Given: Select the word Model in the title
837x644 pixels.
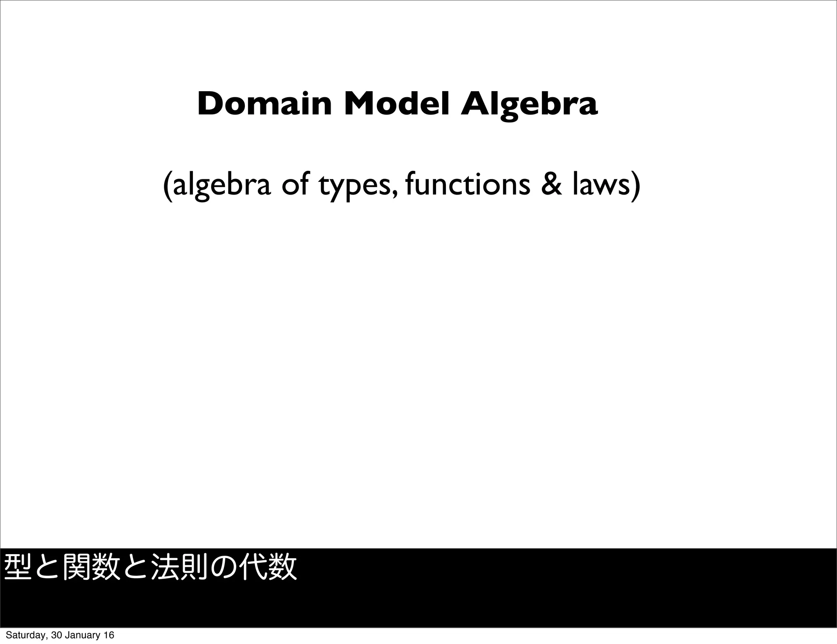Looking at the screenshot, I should (x=396, y=105).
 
